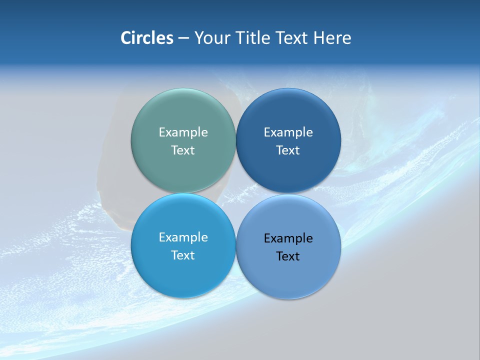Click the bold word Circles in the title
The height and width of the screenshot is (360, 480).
click(x=147, y=38)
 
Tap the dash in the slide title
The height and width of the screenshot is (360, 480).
click(x=183, y=38)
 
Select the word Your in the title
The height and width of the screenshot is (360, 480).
click(x=210, y=38)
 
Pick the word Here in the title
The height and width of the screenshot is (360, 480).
click(x=332, y=38)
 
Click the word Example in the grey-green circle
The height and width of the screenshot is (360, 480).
click(x=183, y=132)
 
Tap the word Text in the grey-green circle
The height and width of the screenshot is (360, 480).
click(x=183, y=150)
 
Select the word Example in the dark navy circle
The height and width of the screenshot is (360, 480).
click(x=288, y=132)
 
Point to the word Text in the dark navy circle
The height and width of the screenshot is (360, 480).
click(x=288, y=150)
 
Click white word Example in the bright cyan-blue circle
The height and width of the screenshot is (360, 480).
click(x=183, y=237)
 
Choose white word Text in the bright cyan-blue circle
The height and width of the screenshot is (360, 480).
click(x=183, y=255)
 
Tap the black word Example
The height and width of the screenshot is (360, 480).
click(x=288, y=238)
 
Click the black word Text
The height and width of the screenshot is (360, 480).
click(x=288, y=256)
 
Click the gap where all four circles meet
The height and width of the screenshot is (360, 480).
click(x=235, y=193)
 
